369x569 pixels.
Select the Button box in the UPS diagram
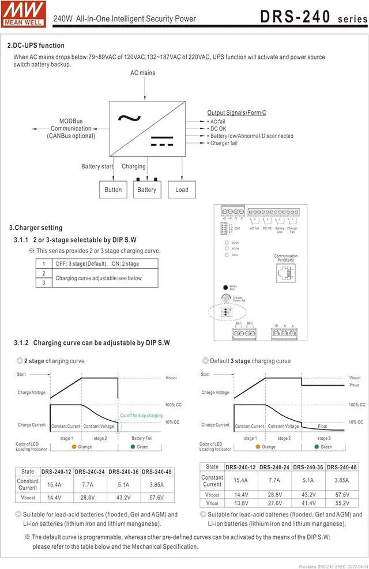[113, 190]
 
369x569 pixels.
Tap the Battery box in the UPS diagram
[146, 190]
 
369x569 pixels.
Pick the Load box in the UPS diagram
[182, 190]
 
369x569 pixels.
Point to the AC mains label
[142, 73]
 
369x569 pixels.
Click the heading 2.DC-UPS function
[36, 46]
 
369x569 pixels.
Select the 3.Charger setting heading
[36, 228]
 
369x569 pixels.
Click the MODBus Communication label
[71, 128]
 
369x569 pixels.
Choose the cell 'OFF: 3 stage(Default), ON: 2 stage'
[97, 263]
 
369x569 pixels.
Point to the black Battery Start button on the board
[225, 287]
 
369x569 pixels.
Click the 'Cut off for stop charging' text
[141, 415]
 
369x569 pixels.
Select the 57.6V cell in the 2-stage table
[152, 497]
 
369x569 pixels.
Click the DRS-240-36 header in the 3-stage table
[308, 467]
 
